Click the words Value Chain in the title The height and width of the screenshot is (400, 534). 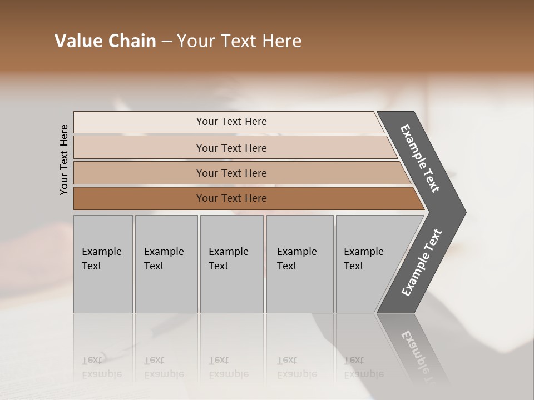coord(105,41)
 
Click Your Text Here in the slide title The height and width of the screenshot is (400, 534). coord(239,41)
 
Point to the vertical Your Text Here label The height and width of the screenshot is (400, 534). coord(64,159)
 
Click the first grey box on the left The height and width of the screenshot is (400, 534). coord(103,264)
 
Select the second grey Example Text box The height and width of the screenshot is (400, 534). coord(166,264)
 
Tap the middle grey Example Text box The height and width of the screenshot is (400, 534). coord(231,264)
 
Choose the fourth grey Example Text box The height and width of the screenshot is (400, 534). coord(299,264)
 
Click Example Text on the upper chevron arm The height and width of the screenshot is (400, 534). coord(420,158)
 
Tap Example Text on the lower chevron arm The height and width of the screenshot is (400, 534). coord(421,263)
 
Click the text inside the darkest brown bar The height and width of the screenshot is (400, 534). coord(231,198)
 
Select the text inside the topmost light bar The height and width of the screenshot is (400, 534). coord(231,122)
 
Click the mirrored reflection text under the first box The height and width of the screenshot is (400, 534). coord(102,367)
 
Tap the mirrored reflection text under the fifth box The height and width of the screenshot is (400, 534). coord(363,367)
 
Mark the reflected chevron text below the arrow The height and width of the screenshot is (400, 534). coord(420,356)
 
